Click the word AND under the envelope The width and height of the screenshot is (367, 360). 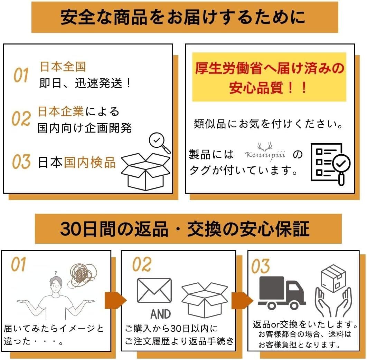[x=161, y=314]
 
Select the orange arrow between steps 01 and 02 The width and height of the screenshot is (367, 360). [x=115, y=299]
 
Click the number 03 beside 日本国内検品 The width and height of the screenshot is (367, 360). [x=21, y=162]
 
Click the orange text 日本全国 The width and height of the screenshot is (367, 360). [x=63, y=67]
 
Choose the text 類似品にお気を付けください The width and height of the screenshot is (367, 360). [x=269, y=124]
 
